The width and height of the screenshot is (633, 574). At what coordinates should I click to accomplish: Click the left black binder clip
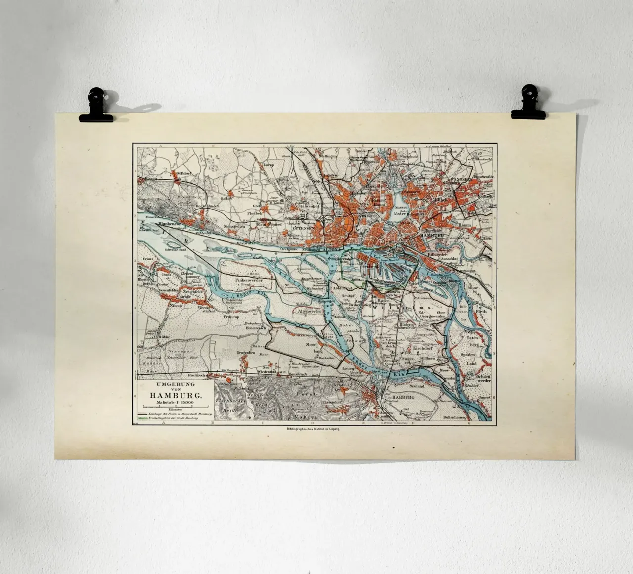[x=96, y=105]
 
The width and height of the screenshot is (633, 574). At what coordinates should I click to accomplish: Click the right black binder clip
[x=528, y=102]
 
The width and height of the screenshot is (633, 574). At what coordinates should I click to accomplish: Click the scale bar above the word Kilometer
[x=173, y=407]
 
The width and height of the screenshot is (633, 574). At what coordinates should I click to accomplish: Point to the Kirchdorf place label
[x=425, y=348]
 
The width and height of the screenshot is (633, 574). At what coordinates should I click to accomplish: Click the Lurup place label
[x=268, y=165]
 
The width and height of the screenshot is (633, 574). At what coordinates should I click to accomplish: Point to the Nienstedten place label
[x=234, y=226]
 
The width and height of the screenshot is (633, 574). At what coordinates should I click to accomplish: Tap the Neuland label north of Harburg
[x=417, y=385]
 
